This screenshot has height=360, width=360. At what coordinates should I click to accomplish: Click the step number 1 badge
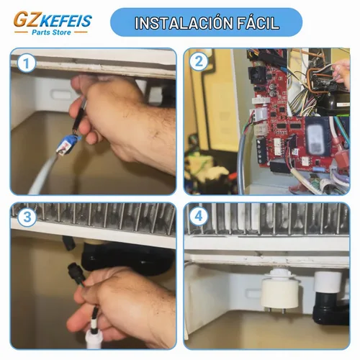click(27, 63)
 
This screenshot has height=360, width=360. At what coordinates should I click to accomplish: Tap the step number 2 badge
click(199, 61)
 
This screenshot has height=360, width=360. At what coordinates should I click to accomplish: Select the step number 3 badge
click(27, 217)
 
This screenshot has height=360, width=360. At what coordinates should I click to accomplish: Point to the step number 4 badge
click(199, 216)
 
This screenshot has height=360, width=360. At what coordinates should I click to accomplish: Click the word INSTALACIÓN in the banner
click(184, 23)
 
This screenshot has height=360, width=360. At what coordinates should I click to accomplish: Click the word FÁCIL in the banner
click(258, 23)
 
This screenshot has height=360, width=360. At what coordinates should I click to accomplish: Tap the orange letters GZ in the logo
click(27, 19)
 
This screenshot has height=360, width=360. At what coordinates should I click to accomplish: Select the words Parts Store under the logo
click(51, 32)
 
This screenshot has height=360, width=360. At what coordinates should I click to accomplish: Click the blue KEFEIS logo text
click(66, 21)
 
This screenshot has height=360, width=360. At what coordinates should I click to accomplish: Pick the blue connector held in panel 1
click(68, 145)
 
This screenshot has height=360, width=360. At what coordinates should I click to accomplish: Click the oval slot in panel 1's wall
click(62, 94)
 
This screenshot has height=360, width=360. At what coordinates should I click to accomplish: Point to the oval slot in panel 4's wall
click(253, 293)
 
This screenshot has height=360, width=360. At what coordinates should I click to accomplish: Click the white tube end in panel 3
click(93, 341)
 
